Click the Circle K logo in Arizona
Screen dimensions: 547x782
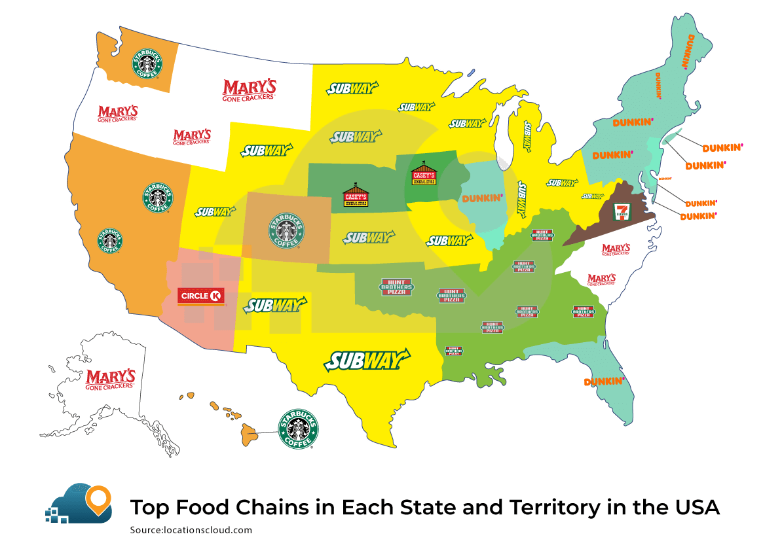[202, 296]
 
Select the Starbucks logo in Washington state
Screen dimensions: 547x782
[148, 63]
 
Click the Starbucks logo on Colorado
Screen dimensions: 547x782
[287, 230]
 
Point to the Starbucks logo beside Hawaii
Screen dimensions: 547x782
[299, 429]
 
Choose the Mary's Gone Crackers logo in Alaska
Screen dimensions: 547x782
[110, 379]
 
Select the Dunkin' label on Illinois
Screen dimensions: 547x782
[482, 198]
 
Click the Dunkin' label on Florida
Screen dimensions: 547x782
[603, 381]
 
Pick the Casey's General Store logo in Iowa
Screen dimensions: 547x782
[423, 175]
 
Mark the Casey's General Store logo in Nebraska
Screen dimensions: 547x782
[356, 197]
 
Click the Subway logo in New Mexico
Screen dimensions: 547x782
[275, 306]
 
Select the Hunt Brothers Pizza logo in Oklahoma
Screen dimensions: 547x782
[397, 286]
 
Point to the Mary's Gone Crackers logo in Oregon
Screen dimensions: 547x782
[118, 113]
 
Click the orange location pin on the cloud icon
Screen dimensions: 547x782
[99, 499]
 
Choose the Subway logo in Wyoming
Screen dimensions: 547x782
[265, 150]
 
